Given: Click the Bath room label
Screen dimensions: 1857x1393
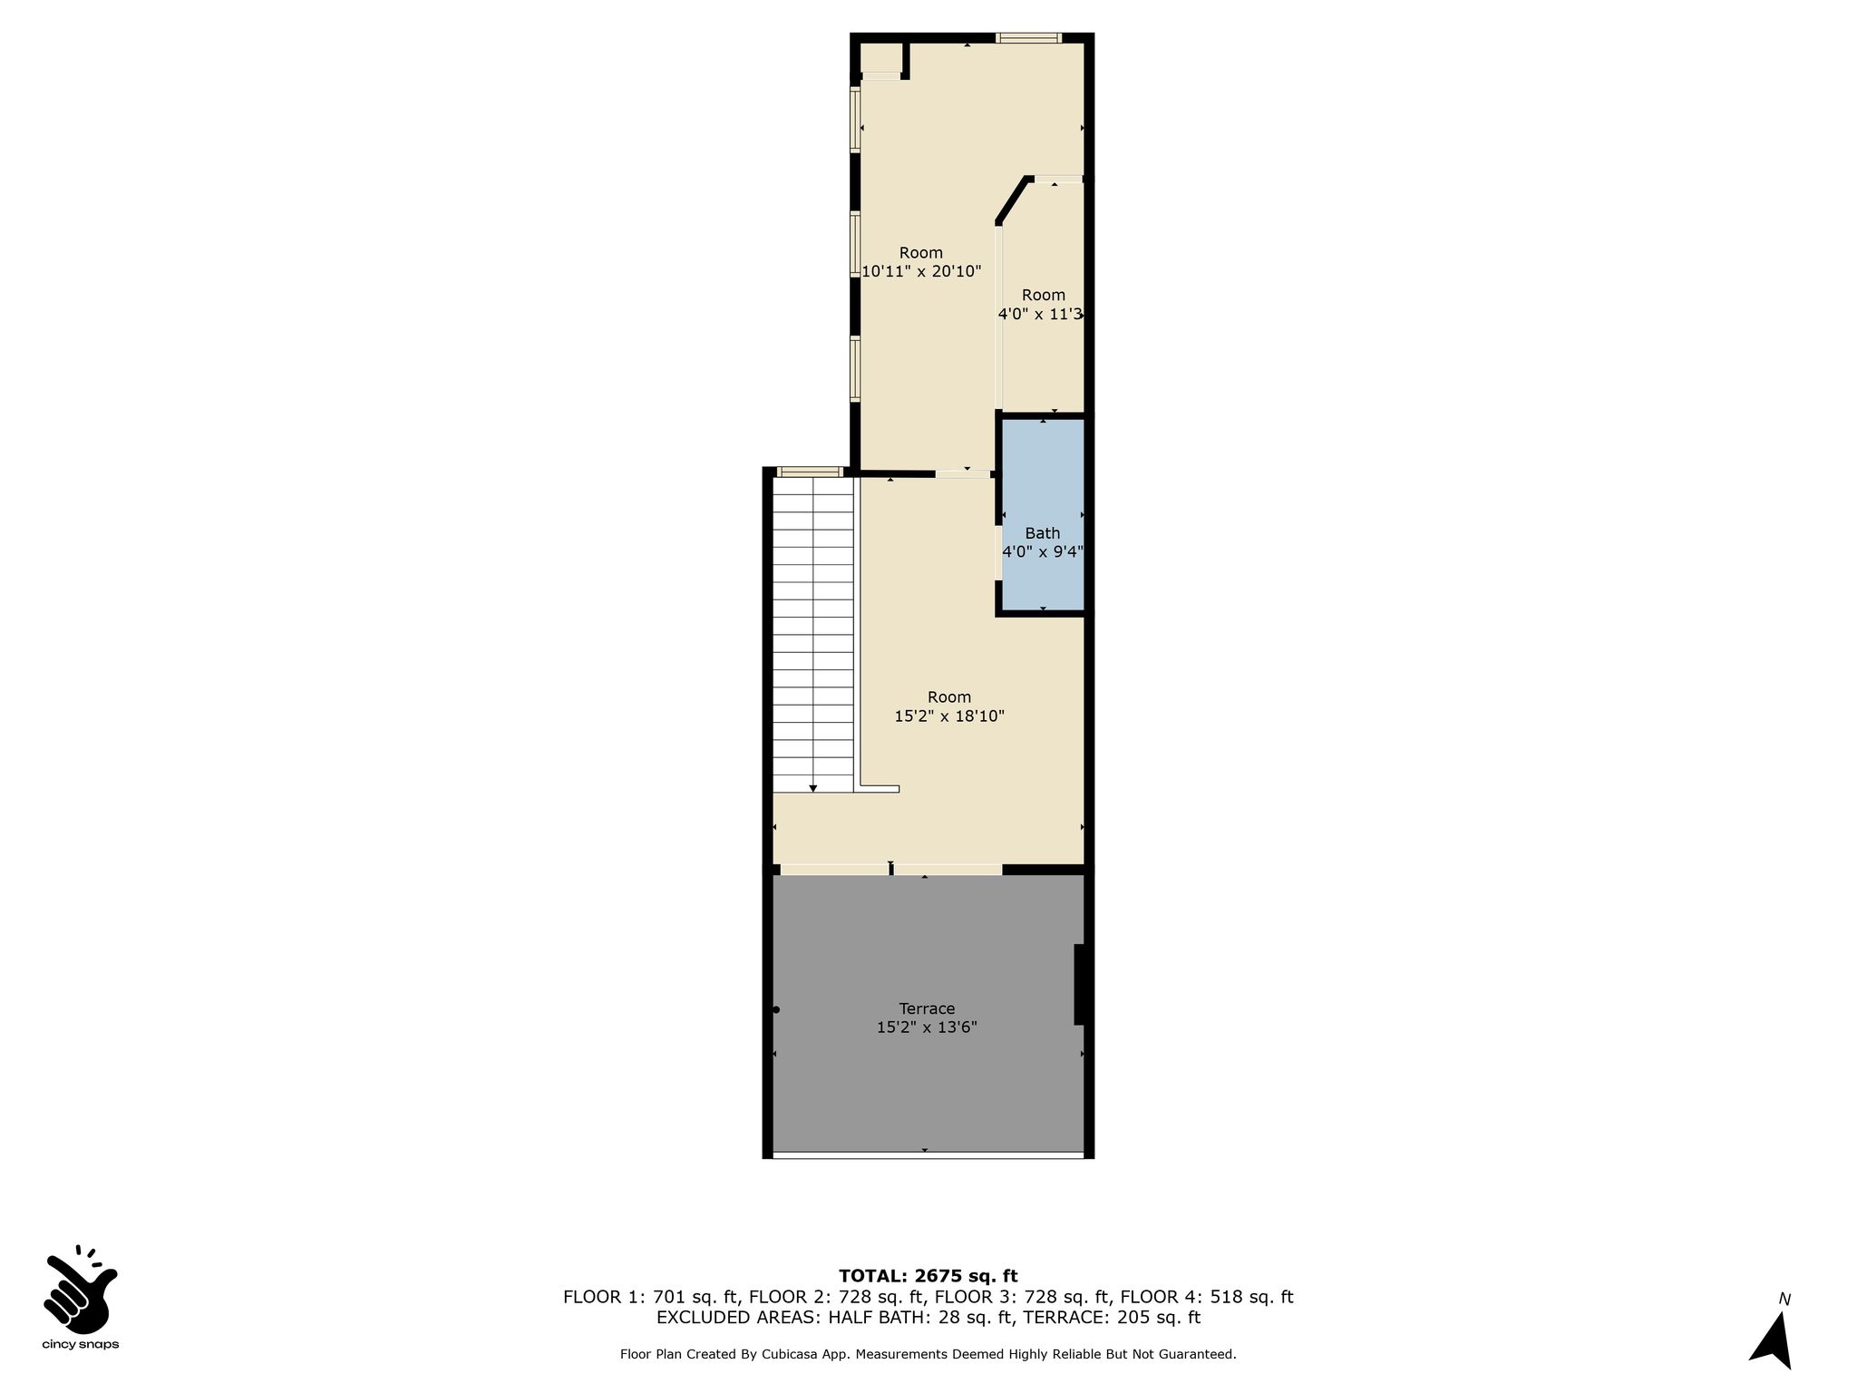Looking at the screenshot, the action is (x=1042, y=533).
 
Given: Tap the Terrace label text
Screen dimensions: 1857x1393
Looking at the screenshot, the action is (x=927, y=1008).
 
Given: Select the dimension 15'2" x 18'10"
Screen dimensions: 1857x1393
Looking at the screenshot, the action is (x=949, y=716).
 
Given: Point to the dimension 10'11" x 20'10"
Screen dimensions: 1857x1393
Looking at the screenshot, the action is (x=921, y=271).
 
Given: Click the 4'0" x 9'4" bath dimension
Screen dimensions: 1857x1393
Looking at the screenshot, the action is (x=1043, y=552).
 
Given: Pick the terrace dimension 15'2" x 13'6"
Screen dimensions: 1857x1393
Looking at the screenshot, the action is (x=927, y=1028).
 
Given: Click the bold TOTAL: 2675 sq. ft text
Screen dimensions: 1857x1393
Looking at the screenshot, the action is (x=928, y=1277).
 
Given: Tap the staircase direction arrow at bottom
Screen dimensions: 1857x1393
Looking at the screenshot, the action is (x=813, y=788).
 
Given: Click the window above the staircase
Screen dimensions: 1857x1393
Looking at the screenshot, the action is (x=810, y=472).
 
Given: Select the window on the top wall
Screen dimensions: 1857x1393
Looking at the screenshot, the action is (x=1028, y=38).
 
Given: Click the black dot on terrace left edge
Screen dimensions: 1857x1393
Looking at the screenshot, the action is (x=776, y=1009).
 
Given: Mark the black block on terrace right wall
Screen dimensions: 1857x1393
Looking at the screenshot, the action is (x=1079, y=985).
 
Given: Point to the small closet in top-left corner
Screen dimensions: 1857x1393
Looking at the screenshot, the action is (x=880, y=58).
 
